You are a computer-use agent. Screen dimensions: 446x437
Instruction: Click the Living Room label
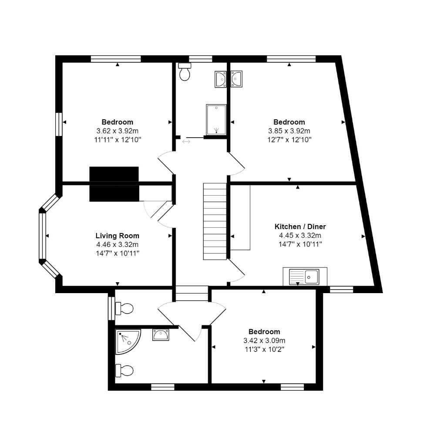point(117,236)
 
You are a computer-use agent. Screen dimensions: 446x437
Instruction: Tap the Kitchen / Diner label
point(300,226)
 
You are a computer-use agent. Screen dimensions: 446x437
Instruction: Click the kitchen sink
point(305,276)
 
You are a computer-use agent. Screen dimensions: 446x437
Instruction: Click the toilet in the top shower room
point(185,72)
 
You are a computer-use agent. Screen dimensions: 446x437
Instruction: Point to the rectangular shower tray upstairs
point(216,119)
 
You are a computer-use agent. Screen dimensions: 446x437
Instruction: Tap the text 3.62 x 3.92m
point(117,131)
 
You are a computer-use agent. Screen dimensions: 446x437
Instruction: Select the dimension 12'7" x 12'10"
point(289,139)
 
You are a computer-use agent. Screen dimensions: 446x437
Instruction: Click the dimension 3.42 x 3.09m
point(264,341)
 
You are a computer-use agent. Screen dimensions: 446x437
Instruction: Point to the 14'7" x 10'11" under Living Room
point(117,253)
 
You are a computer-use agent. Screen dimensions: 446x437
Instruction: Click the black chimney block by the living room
point(114,184)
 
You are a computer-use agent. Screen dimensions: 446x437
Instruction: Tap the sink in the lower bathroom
point(161,334)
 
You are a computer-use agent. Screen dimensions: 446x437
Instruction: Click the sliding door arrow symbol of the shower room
point(186,141)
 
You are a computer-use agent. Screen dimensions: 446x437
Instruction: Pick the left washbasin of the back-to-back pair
point(220,80)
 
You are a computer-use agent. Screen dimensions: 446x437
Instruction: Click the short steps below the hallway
point(192,294)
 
